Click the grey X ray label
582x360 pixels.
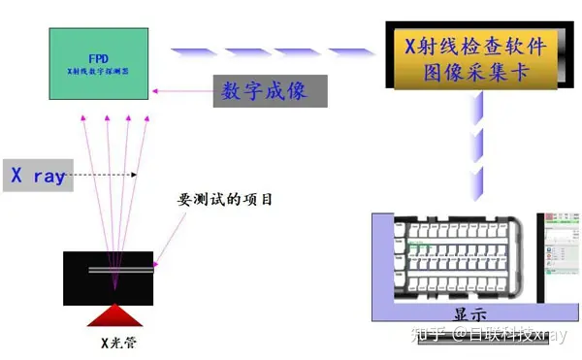pos(39,176)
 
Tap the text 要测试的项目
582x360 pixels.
pos(224,200)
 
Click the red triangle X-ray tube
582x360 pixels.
pos(114,314)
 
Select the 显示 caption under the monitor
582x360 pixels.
pos(469,314)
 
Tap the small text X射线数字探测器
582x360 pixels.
pos(101,71)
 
